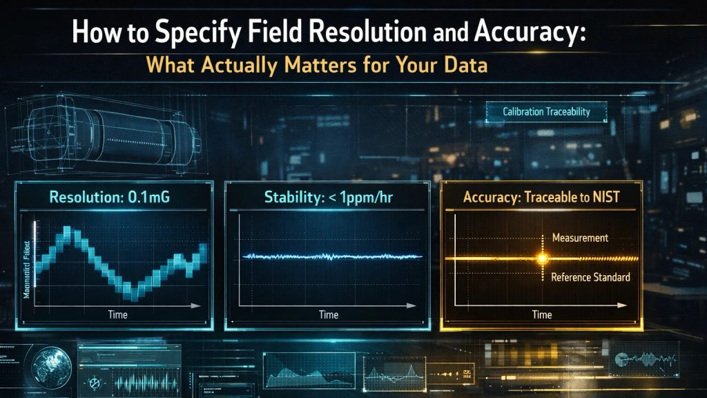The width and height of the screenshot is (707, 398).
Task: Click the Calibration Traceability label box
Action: (546, 111)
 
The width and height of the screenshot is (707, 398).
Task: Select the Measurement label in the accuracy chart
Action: (580, 238)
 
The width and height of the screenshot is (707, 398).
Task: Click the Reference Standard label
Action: (590, 277)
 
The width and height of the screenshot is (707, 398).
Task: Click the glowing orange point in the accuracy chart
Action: (542, 258)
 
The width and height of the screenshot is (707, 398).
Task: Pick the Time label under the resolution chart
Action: (117, 314)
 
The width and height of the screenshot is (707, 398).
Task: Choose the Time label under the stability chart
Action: (329, 314)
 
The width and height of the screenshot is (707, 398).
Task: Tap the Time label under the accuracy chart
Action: (542, 314)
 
